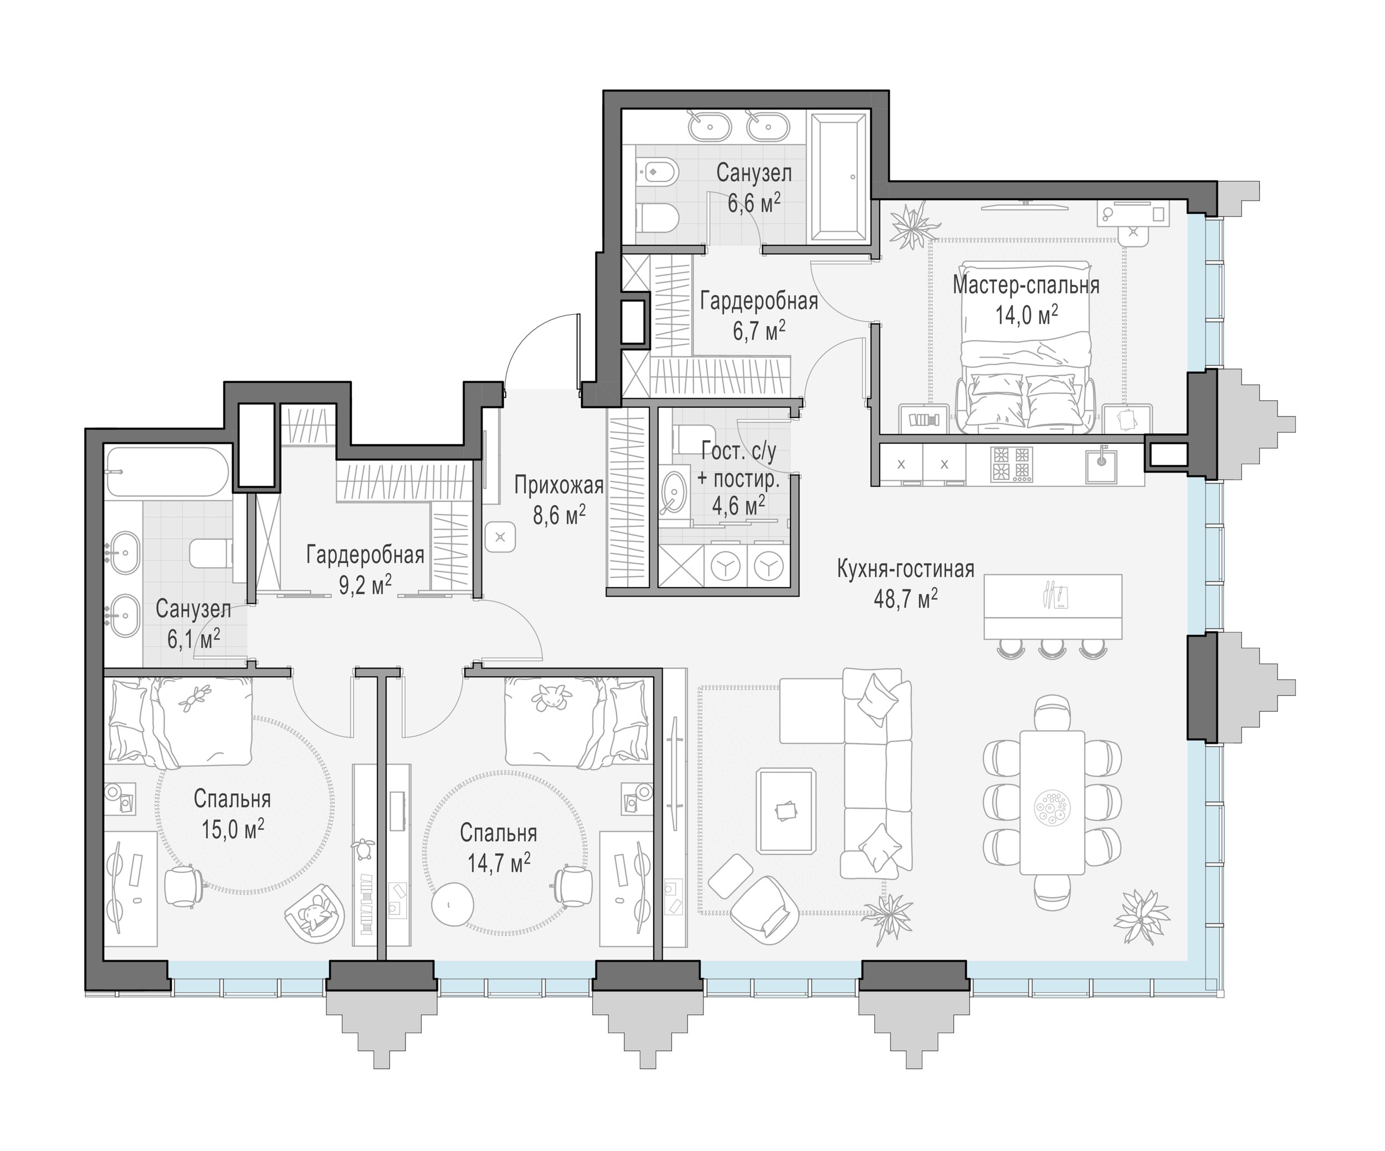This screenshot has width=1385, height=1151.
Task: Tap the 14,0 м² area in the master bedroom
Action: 1026,315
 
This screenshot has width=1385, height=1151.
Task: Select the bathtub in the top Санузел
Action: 838,178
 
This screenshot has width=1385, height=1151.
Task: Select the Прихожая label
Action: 558,485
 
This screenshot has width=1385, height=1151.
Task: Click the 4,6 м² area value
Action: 738,506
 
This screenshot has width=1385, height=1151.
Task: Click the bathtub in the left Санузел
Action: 167,472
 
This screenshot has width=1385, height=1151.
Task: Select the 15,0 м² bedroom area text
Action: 233,829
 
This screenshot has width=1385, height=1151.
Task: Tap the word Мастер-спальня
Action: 1025,285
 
